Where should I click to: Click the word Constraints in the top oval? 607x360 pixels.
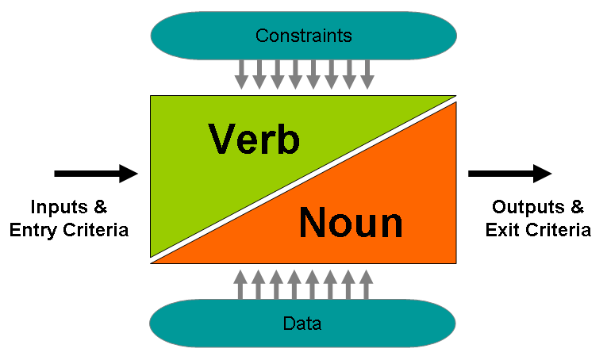click(303, 36)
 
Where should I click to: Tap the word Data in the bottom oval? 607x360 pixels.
click(302, 324)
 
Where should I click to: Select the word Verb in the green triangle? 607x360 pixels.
click(254, 140)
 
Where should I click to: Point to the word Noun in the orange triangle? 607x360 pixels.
click(352, 222)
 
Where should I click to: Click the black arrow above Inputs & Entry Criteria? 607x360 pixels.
click(96, 174)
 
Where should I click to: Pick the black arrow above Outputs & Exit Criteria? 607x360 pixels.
click(510, 174)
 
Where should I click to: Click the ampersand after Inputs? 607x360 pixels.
click(100, 207)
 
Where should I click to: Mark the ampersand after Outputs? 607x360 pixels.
click(577, 207)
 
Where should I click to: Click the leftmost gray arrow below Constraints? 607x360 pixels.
click(241, 75)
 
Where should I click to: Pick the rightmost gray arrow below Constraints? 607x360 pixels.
click(367, 75)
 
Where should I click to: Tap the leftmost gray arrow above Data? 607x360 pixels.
click(240, 285)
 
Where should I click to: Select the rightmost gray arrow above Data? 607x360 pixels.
click(367, 285)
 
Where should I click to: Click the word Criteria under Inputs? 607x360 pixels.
click(96, 230)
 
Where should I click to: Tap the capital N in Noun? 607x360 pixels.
click(313, 222)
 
